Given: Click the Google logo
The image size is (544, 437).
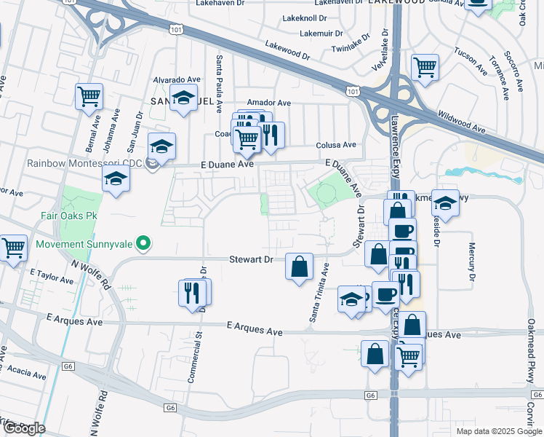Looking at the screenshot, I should click(25, 428).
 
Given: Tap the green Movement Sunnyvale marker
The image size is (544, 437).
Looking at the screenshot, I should click(144, 243).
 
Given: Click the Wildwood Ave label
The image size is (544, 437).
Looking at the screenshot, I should click(461, 122).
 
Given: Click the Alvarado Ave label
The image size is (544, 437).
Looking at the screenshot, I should click(175, 79).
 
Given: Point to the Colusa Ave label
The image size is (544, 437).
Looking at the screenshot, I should click(336, 145).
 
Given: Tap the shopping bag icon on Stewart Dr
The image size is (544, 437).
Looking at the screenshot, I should click(300, 267).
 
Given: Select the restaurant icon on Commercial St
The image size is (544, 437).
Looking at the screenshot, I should click(193, 292).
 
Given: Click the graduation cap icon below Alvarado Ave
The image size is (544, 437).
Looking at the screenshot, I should click(183, 98).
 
